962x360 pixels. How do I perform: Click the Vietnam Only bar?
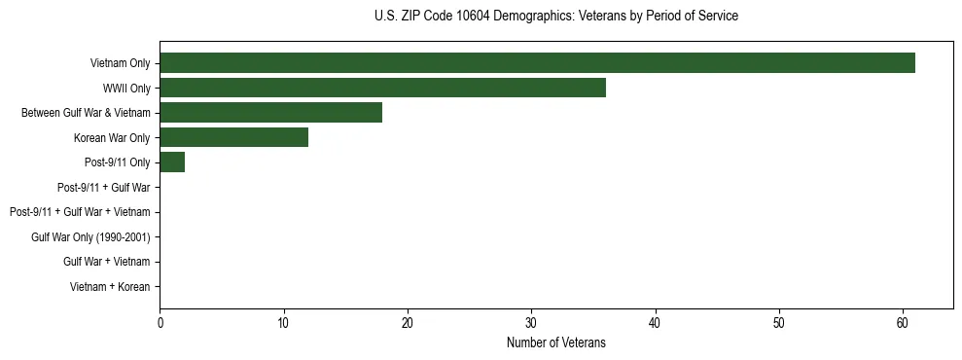coord(537,63)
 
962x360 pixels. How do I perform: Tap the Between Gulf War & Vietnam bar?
coord(270,113)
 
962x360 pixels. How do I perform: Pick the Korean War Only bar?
coord(233,137)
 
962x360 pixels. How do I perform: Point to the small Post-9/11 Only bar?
coord(172,162)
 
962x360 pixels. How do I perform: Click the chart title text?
coord(555,17)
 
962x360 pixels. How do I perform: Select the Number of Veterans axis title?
coord(555,342)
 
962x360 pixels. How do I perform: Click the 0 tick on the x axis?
coord(160,323)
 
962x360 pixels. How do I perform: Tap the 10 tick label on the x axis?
coord(283,323)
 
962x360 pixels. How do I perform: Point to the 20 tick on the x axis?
coord(408,323)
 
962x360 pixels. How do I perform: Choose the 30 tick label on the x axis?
coord(531,323)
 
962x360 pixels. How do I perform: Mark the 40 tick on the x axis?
coord(656,323)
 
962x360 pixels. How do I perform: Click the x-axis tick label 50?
coord(779,323)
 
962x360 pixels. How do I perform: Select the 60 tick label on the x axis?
coord(903,323)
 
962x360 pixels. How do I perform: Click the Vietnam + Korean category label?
coord(110,287)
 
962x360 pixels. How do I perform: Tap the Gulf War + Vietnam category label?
coord(107,262)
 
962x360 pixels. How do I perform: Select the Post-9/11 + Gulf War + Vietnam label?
coord(80,212)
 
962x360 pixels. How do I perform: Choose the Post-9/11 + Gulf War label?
coord(104,187)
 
